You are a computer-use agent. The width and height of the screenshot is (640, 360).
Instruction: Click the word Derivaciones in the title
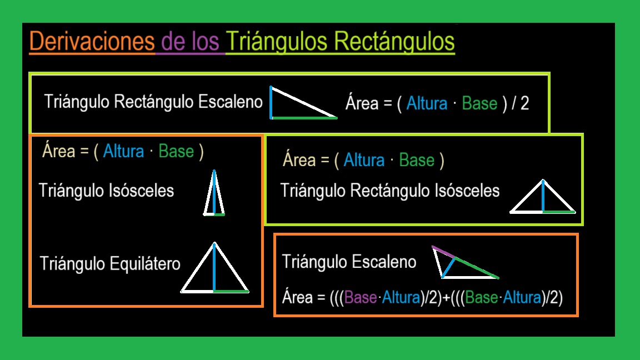pos(92,42)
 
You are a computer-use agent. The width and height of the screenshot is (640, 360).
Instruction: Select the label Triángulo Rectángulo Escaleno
pos(153,102)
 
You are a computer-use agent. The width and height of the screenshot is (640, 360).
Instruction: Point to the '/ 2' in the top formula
pos(520,104)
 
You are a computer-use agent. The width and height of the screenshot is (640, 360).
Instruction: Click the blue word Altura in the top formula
pos(427,104)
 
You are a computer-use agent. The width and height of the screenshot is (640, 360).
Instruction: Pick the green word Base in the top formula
pos(479,104)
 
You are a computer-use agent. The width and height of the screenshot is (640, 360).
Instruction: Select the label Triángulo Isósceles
pos(106,191)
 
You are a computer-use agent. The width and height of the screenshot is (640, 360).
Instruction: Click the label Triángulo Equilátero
pos(110,263)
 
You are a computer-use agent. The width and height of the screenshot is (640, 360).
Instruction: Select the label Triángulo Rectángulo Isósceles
pos(390,191)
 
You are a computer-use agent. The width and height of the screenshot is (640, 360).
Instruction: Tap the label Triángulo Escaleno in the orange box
pos(349,262)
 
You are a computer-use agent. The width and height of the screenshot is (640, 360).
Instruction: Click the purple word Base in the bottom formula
pos(361,298)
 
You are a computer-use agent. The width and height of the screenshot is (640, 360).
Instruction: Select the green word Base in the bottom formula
pos(482,298)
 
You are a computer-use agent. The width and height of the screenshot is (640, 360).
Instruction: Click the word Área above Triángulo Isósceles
pos(58,151)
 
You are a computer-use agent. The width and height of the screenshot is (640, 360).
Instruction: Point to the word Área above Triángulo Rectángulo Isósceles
pos(299,160)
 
